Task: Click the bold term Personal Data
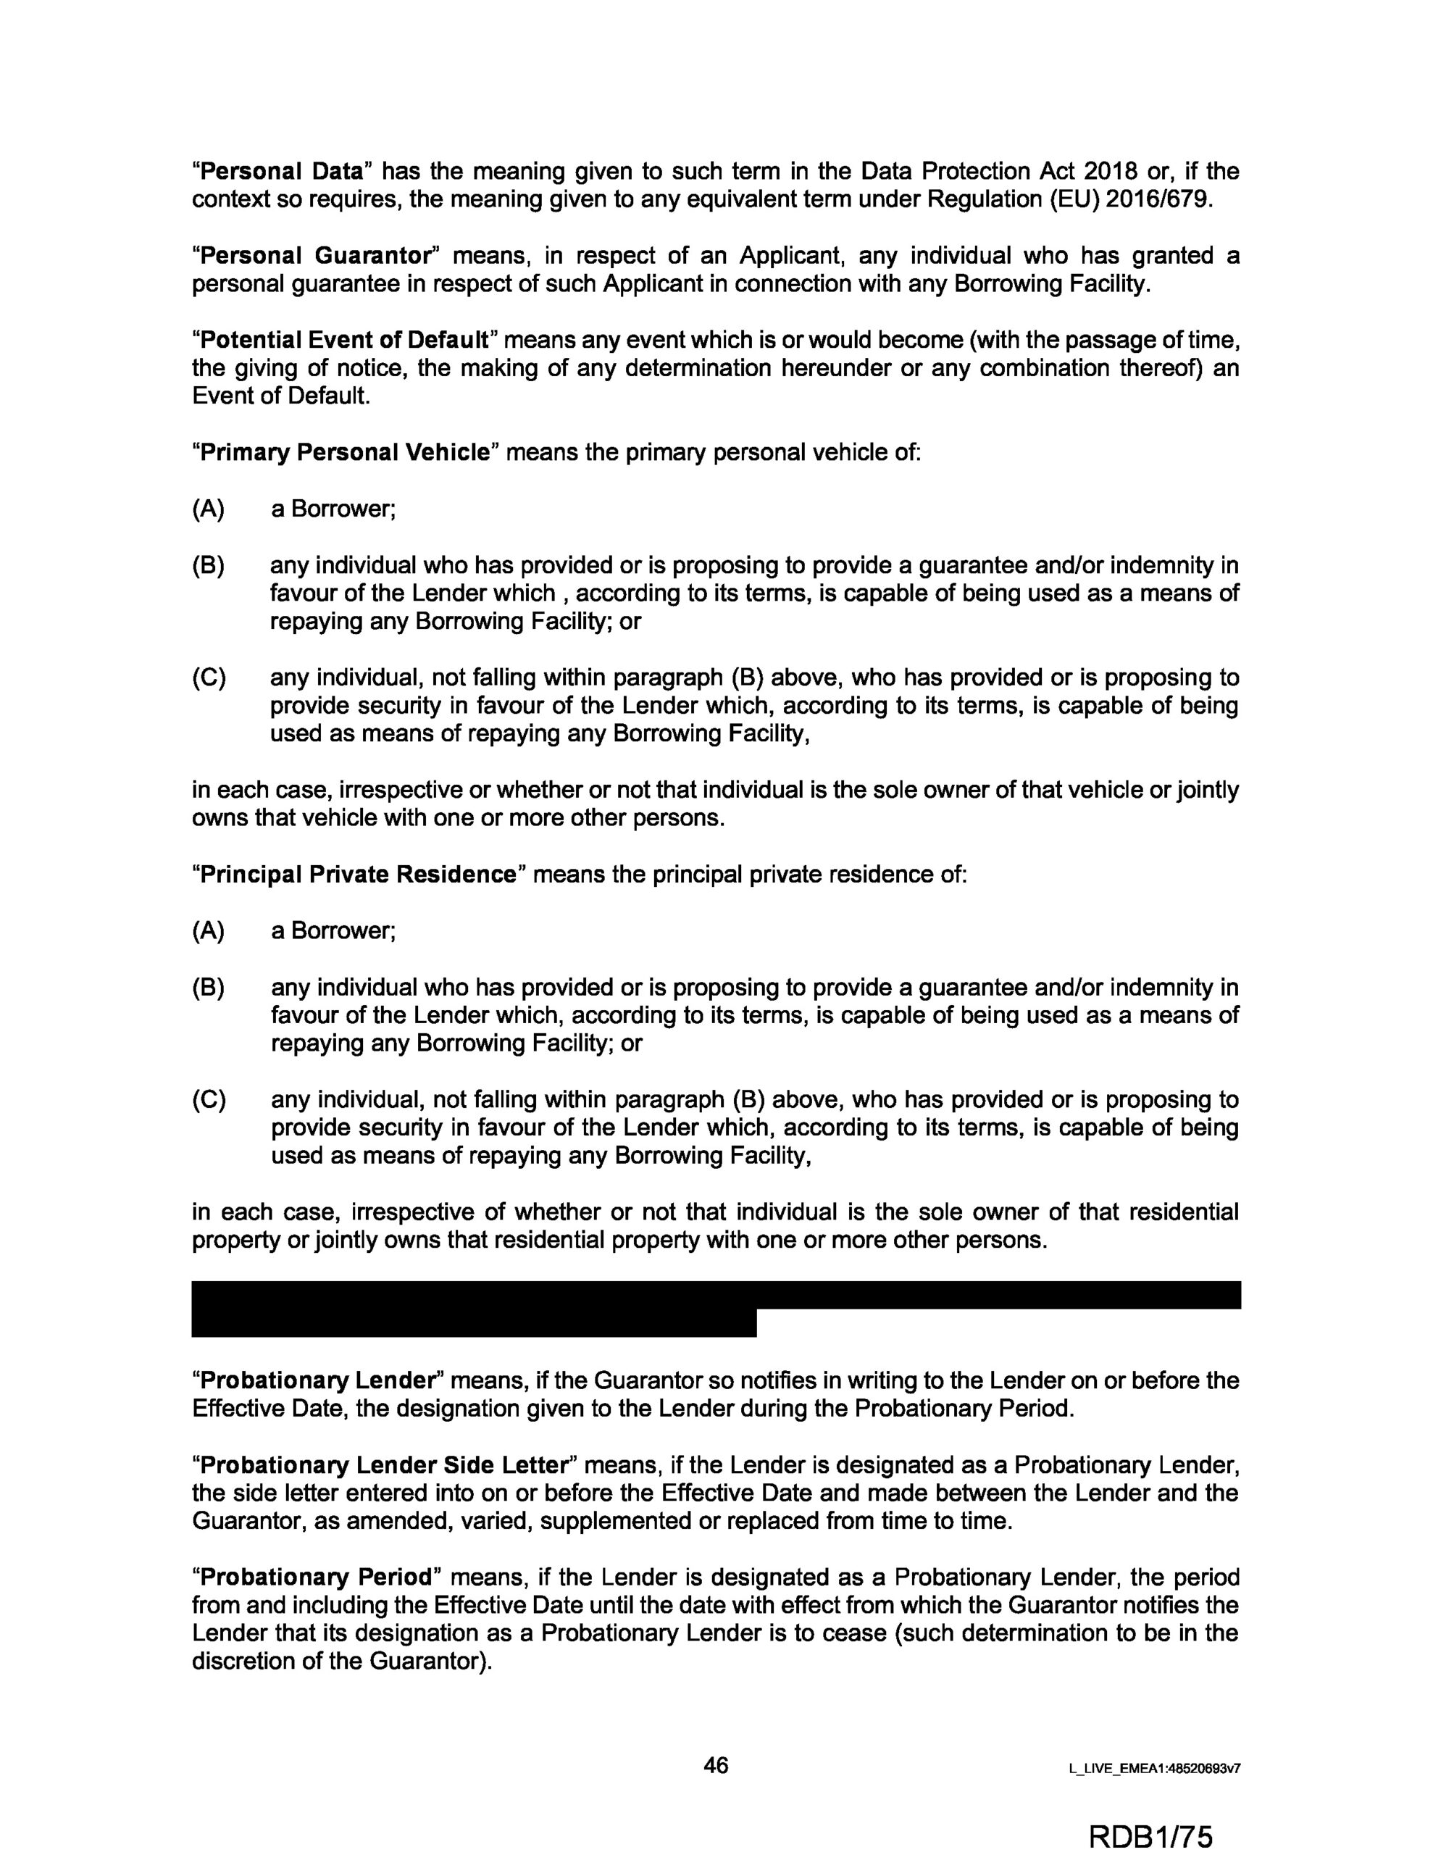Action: point(281,172)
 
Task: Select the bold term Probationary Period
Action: point(315,1577)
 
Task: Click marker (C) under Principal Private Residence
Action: point(208,1100)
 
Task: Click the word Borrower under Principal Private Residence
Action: point(343,931)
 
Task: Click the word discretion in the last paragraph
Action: point(243,1662)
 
